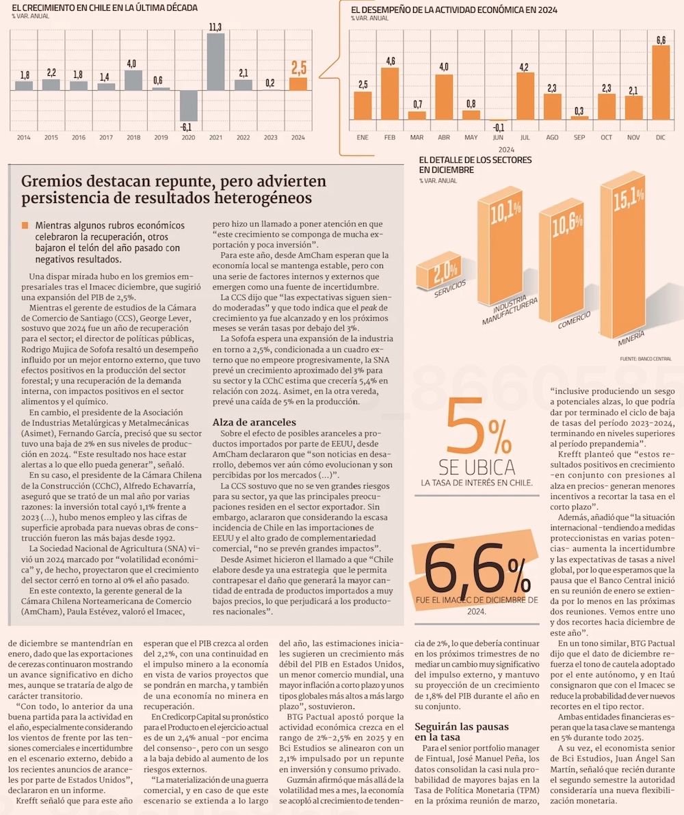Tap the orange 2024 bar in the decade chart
298,83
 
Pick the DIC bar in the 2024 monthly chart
661,83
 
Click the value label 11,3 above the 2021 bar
215,27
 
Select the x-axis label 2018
133,137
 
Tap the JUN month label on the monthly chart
498,137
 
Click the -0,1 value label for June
498,128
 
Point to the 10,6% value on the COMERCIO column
562,225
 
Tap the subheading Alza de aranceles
254,422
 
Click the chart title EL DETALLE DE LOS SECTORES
475,160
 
